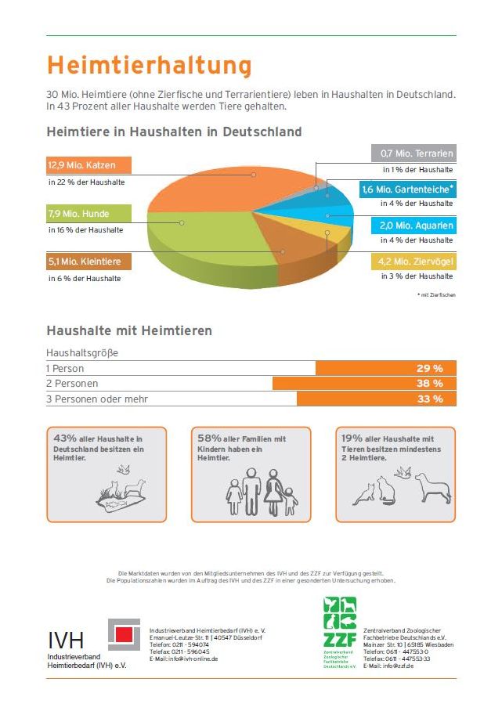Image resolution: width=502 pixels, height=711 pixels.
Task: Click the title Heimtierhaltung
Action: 149,64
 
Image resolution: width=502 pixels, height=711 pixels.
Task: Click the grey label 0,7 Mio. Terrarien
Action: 414,153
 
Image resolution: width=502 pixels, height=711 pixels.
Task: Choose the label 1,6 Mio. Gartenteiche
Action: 407,189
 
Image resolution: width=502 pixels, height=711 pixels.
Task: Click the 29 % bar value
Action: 430,368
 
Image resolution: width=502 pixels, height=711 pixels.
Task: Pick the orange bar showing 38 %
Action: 364,384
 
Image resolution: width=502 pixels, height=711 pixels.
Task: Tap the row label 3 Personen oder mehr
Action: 96,399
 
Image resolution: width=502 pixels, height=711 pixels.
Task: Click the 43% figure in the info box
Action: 64,439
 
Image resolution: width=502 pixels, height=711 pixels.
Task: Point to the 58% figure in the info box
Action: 210,439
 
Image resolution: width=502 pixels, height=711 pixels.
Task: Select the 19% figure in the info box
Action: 352,439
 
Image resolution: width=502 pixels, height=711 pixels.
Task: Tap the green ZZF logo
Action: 340,626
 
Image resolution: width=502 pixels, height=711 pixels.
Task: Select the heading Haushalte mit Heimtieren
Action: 129,331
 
